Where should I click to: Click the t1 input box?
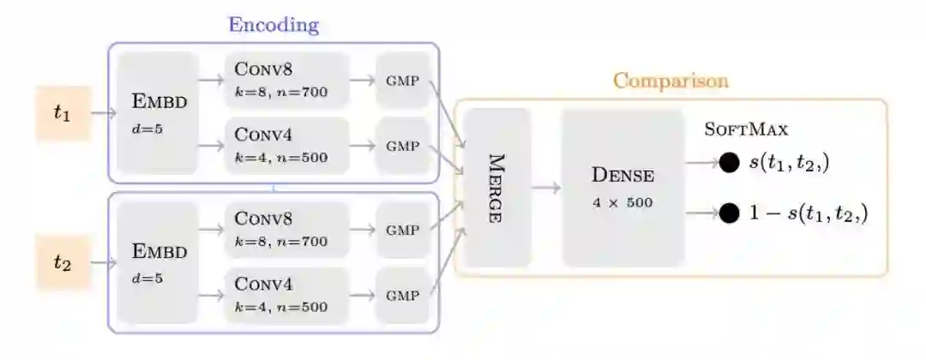pos(63,112)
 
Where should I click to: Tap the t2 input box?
pos(63,261)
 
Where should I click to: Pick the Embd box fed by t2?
pos(158,261)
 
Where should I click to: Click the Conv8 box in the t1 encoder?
pos(287,80)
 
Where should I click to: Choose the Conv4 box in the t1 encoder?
pos(287,145)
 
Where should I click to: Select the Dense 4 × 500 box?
pos(623,188)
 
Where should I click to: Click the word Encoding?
pos(273,25)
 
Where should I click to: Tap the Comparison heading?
pos(670,81)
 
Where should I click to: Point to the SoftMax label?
pos(746,129)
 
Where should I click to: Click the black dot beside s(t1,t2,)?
pos(729,161)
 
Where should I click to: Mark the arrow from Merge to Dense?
pos(546,188)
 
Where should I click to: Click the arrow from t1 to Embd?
pos(104,112)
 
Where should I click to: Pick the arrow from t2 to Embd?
pos(104,261)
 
